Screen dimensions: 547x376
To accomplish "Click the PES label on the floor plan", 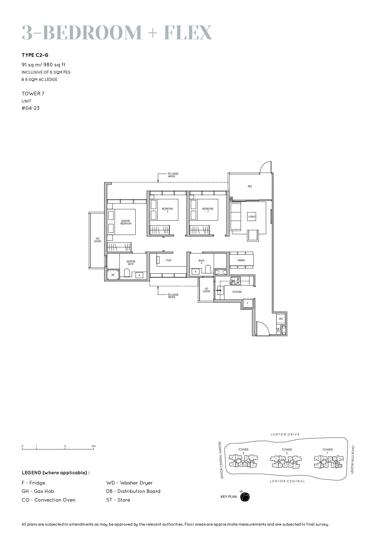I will tap(250, 186).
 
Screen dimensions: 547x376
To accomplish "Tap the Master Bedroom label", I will tap(126, 222).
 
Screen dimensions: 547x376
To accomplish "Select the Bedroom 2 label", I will tap(167, 210).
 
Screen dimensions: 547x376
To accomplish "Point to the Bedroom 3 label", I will tap(208, 210).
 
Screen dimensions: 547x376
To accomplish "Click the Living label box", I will tap(252, 217).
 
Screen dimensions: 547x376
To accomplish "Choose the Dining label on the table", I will tap(241, 260).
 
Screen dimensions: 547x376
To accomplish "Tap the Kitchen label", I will tap(237, 292).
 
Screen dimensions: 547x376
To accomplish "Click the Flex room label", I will tap(168, 260).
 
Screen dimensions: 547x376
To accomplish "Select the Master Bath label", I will tap(131, 263).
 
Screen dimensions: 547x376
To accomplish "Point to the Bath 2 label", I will tap(201, 261).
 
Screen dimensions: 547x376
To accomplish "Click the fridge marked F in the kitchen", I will tap(248, 303).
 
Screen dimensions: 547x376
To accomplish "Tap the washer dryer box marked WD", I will tap(281, 319).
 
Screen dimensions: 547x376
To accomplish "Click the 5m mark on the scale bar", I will tap(94, 446).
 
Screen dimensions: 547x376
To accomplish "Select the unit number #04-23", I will tap(31, 108).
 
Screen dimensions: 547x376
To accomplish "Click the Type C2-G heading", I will tap(35, 55).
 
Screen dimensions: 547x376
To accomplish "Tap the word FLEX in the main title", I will tap(188, 32).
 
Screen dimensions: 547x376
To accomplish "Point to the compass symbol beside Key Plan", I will tap(245, 497).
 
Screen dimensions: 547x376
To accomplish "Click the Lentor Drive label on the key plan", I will tap(285, 434).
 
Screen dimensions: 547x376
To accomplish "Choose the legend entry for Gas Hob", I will tap(38, 491).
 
